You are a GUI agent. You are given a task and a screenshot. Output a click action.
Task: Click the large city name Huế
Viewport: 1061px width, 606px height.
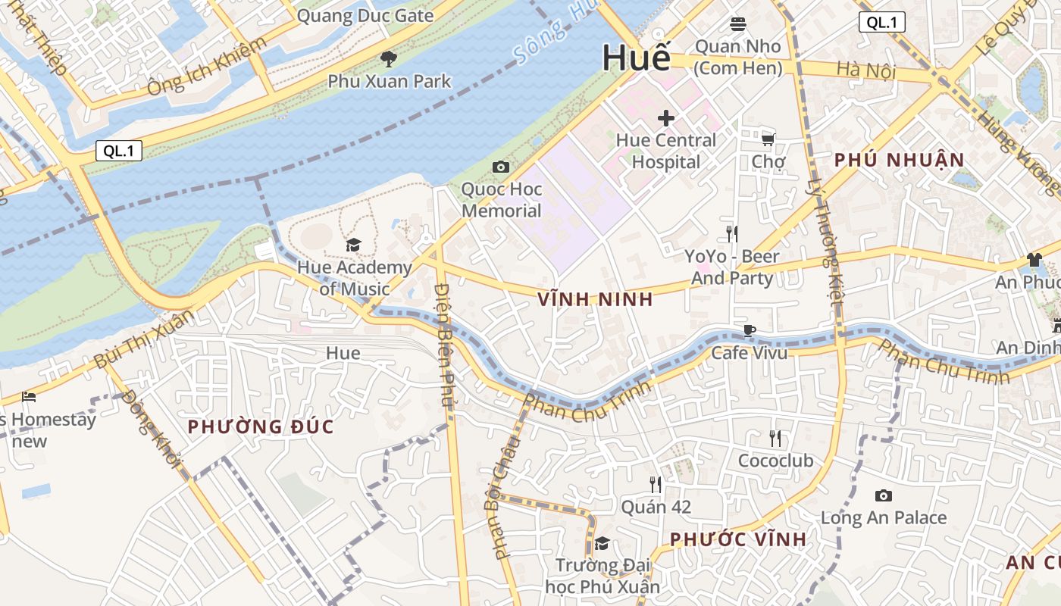tap(637, 58)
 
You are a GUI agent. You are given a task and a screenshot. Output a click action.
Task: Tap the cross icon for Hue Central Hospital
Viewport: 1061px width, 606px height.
tap(666, 118)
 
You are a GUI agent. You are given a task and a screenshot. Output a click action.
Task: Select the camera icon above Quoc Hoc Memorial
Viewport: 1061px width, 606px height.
tap(501, 167)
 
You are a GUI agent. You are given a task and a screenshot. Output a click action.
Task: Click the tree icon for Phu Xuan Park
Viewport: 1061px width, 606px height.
tap(389, 58)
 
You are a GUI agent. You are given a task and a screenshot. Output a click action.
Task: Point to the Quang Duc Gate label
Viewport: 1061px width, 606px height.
tap(365, 16)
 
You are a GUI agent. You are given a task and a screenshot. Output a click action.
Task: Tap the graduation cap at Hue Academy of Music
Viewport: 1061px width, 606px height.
tap(353, 245)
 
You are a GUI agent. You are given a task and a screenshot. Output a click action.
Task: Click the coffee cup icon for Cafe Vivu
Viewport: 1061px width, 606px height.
tap(749, 330)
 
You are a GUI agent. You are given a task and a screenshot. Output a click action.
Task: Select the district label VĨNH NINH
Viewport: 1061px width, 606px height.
tap(595, 299)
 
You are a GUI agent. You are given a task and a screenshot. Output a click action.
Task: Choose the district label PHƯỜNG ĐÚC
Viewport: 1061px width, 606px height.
tap(261, 426)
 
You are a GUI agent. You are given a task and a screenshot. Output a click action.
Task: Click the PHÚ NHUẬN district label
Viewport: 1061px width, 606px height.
tap(899, 160)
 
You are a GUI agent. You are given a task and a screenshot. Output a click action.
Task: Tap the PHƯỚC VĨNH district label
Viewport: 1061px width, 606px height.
tap(738, 539)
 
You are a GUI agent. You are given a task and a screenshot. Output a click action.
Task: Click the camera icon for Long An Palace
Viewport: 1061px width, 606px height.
tap(883, 496)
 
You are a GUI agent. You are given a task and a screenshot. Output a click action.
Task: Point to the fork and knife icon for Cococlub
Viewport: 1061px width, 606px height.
tap(775, 438)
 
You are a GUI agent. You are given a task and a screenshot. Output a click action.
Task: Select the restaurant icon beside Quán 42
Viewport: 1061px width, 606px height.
tap(656, 485)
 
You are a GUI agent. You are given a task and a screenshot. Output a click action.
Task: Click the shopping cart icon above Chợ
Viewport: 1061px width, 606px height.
tap(768, 139)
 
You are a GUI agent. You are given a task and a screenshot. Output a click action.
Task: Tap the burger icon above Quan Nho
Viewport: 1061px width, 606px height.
tap(738, 24)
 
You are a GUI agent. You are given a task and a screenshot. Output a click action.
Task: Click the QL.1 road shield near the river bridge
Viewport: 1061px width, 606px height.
tap(119, 151)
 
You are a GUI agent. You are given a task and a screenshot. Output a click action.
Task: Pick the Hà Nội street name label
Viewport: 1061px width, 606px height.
tap(866, 71)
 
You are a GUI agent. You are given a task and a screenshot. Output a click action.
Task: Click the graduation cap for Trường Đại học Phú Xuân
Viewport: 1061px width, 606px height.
tap(602, 543)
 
